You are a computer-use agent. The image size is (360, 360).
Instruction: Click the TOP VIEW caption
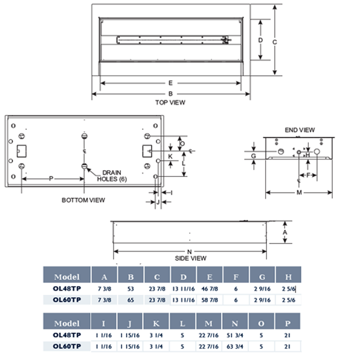pyautogui.click(x=170, y=103)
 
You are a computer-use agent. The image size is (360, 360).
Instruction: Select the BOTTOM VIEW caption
pyautogui.click(x=83, y=200)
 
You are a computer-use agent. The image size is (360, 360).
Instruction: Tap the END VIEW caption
pyautogui.click(x=300, y=130)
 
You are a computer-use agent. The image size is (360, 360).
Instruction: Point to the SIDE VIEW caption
pyautogui.click(x=190, y=259)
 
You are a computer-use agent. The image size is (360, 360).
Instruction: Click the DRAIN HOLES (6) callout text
pyautogui.click(x=112, y=176)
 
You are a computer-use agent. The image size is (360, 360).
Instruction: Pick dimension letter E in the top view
pyautogui.click(x=170, y=83)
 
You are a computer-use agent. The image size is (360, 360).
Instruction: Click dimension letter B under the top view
pyautogui.click(x=170, y=94)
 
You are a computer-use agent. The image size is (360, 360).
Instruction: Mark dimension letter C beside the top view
pyautogui.click(x=275, y=42)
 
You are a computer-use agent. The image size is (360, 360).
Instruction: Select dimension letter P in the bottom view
pyautogui.click(x=51, y=179)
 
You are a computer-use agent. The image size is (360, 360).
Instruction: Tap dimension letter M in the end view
pyautogui.click(x=299, y=193)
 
